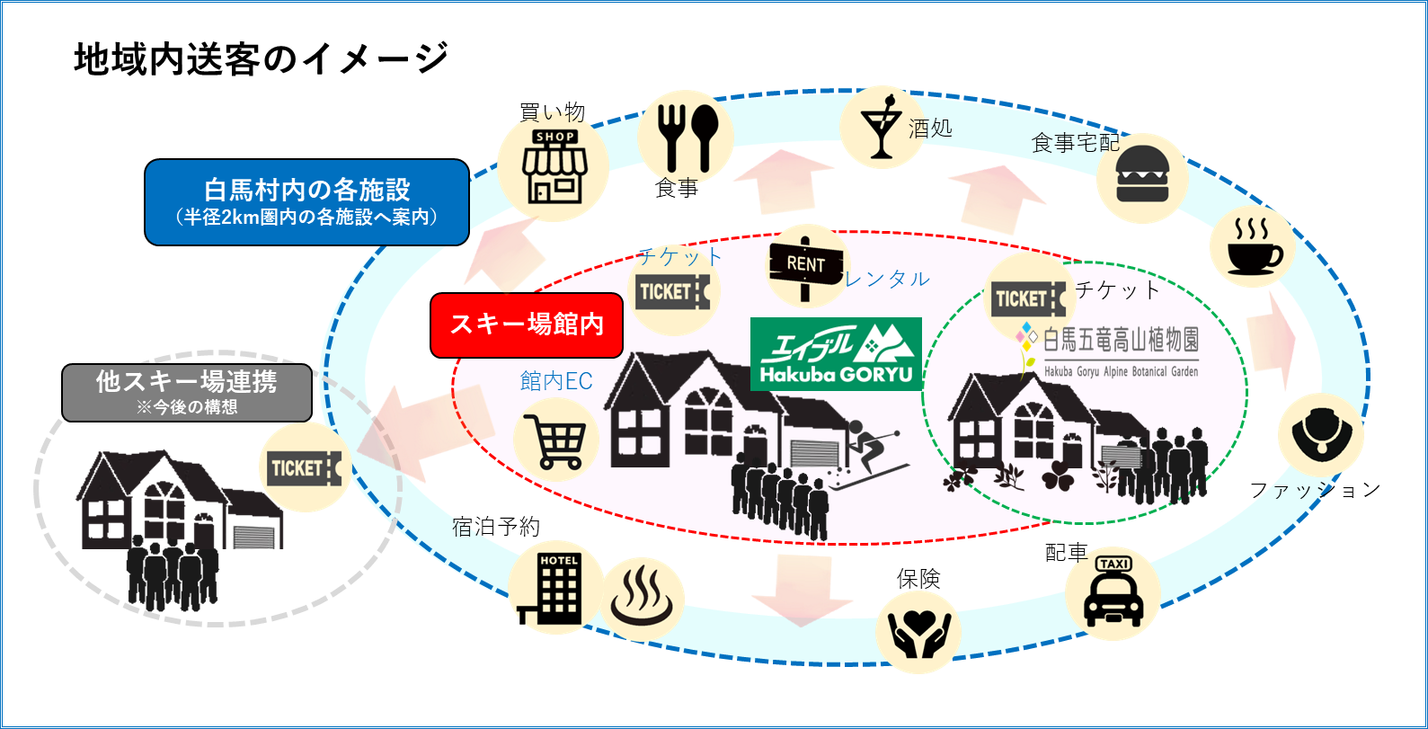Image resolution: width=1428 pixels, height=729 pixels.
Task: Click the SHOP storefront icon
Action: tap(554, 167)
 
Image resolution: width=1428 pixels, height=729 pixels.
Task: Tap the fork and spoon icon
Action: tap(686, 136)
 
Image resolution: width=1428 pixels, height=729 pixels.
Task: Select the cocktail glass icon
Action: tap(882, 127)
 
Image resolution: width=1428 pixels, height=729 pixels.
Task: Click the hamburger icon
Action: tap(1142, 178)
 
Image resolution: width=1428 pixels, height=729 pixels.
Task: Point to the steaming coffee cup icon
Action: tap(1252, 244)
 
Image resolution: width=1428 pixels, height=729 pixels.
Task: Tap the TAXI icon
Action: tap(1113, 592)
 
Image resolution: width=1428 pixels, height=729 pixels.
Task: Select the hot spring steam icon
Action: tap(642, 599)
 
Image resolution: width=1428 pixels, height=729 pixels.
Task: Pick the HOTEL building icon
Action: tap(557, 587)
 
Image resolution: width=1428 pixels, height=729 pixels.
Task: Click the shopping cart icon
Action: tap(555, 440)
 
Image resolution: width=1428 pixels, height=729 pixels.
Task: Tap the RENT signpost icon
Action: tap(805, 265)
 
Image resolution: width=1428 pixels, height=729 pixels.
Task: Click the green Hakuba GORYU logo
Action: tap(836, 353)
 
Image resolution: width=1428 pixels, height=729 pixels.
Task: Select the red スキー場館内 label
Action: tap(527, 324)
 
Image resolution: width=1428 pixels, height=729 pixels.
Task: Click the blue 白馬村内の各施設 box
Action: tap(306, 202)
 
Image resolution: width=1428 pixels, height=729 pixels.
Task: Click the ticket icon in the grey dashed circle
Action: tap(305, 468)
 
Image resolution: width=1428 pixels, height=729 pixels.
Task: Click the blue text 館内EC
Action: tap(556, 381)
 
